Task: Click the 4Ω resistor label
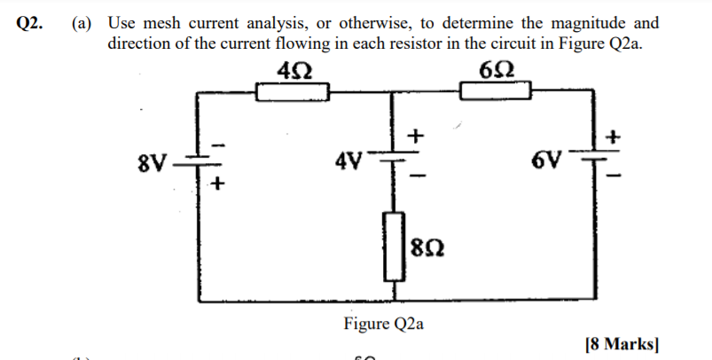(x=293, y=70)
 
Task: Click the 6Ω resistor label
(x=497, y=70)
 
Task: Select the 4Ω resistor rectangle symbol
(x=293, y=91)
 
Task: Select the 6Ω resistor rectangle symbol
(x=496, y=91)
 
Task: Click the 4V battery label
(x=349, y=161)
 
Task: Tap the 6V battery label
(x=548, y=161)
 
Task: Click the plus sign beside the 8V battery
(x=218, y=184)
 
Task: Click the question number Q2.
(x=29, y=24)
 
